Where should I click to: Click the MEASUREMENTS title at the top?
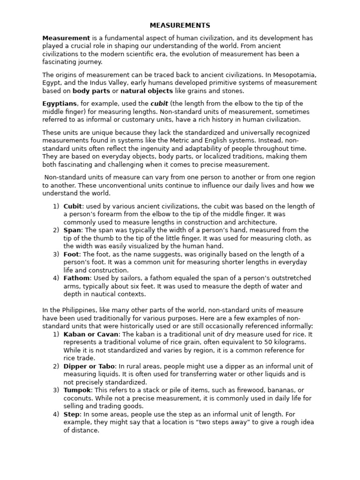(x=180, y=25)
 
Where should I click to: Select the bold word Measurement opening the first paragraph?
(x=66, y=38)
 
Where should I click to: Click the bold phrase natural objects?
(x=147, y=91)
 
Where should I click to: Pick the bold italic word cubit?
(x=159, y=104)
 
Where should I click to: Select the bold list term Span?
(x=72, y=230)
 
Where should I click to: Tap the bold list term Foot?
(x=71, y=254)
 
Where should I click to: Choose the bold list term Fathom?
(x=76, y=278)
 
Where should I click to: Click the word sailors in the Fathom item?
(x=128, y=278)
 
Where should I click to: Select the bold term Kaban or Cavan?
(x=92, y=334)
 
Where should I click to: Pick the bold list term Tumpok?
(x=77, y=390)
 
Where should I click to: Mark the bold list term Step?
(x=72, y=414)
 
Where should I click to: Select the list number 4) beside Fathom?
(x=56, y=278)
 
